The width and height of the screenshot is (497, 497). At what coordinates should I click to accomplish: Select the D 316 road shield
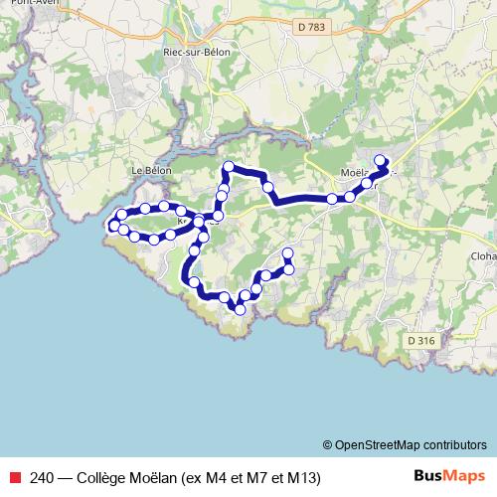[420, 340]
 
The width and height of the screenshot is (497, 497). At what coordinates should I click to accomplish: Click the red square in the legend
[13, 477]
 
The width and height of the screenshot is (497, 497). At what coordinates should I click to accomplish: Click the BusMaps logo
[449, 476]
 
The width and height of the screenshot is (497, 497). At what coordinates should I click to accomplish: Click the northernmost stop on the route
[379, 159]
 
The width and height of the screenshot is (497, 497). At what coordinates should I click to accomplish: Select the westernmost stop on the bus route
[112, 225]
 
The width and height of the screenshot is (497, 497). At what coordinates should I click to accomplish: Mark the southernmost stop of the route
[240, 310]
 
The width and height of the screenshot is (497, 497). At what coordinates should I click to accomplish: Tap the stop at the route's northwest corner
[229, 166]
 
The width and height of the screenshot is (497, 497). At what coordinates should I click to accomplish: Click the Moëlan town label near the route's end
[356, 171]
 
